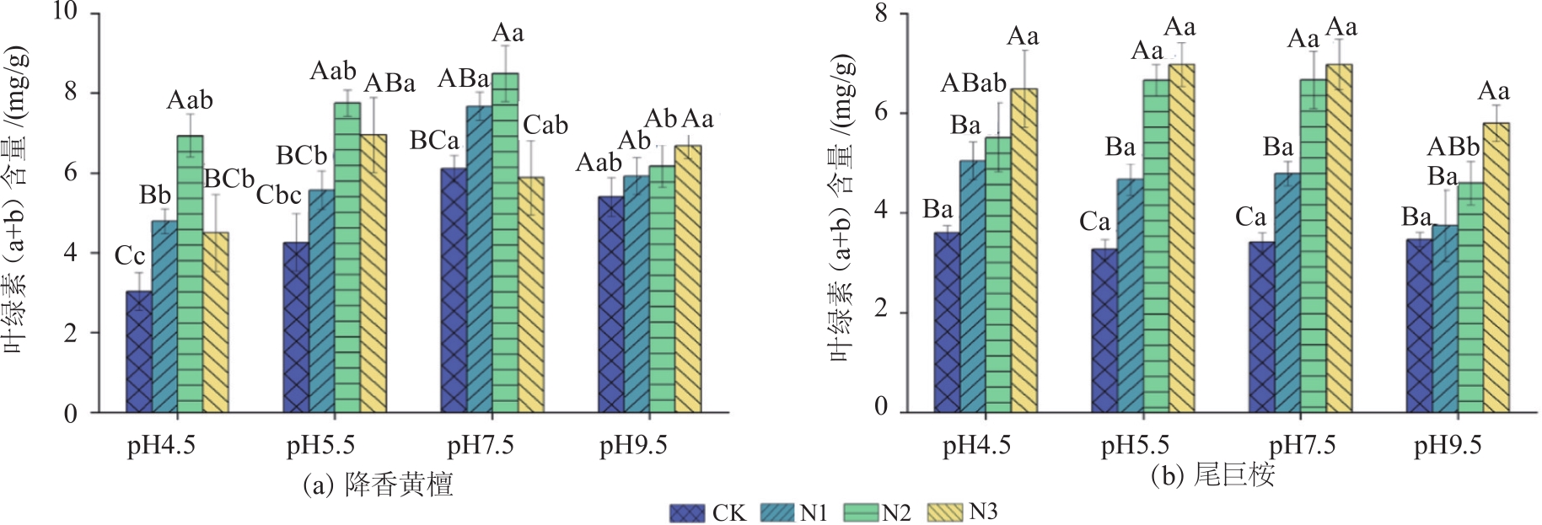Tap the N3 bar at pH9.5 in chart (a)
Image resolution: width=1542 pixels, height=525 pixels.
688,279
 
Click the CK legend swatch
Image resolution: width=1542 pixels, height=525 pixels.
687,512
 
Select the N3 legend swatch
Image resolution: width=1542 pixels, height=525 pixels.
944,512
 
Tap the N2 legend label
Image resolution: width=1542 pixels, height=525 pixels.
896,512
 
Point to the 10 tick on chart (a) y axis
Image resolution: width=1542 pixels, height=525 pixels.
65,12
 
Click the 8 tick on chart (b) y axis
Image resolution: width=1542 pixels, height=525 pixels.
881,13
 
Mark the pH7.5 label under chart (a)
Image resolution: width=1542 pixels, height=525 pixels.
480,445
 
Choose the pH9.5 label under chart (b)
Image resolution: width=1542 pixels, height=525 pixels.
1447,445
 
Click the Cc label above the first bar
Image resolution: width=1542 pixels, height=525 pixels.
130,256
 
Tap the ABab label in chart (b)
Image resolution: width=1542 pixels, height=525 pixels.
974,83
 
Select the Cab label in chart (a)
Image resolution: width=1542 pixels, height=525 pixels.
545,126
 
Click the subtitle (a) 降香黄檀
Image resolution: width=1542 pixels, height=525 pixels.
379,484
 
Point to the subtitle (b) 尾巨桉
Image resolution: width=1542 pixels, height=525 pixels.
1212,475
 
